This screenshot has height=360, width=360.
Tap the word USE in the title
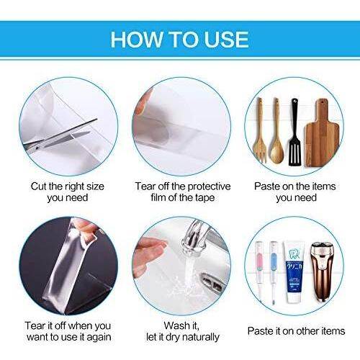click(x=226, y=40)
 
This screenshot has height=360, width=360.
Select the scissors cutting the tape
click(x=60, y=135)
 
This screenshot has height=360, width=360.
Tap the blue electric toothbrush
click(x=273, y=271)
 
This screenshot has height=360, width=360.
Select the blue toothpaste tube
click(x=294, y=272)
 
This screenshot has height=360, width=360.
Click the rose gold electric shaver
click(x=322, y=271)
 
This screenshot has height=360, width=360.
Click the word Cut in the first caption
click(x=38, y=186)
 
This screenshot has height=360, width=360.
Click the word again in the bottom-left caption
click(x=99, y=338)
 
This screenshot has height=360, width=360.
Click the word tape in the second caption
click(x=204, y=198)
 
